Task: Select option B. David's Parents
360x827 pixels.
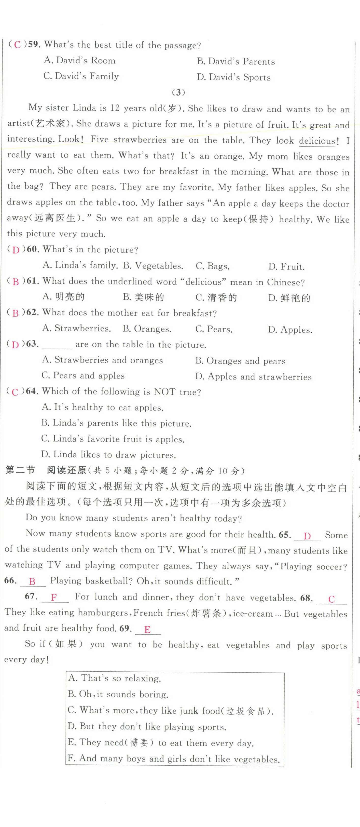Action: (236, 61)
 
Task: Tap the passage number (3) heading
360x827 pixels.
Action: (179, 93)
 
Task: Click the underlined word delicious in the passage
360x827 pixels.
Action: (317, 141)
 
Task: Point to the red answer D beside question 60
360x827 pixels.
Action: (16, 250)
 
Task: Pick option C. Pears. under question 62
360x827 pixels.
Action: (214, 329)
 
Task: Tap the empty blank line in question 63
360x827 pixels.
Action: (57, 345)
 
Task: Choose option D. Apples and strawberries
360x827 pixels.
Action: (253, 377)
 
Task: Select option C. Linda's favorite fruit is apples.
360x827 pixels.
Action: (113, 439)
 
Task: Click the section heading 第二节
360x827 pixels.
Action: (20, 470)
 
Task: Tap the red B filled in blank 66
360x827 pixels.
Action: (32, 582)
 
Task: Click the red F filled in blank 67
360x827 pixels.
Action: (54, 597)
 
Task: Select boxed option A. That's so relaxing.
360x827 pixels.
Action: (114, 678)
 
